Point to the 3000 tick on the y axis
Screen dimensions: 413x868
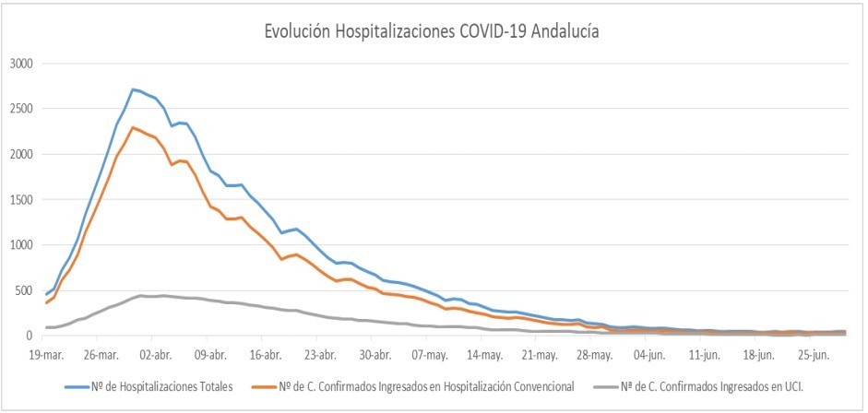[x=21, y=64]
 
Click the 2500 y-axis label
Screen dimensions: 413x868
[x=21, y=109]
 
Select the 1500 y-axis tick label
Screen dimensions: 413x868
[x=21, y=199]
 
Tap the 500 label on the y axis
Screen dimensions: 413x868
[x=25, y=290]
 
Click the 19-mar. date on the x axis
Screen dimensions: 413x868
[x=46, y=353]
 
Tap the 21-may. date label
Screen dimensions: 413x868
[x=541, y=353]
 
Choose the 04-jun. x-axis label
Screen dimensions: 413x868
[x=650, y=353]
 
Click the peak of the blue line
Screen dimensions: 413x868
[x=133, y=89]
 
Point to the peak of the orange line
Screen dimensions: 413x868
[x=133, y=127]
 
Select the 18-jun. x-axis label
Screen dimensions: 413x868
[x=760, y=353]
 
